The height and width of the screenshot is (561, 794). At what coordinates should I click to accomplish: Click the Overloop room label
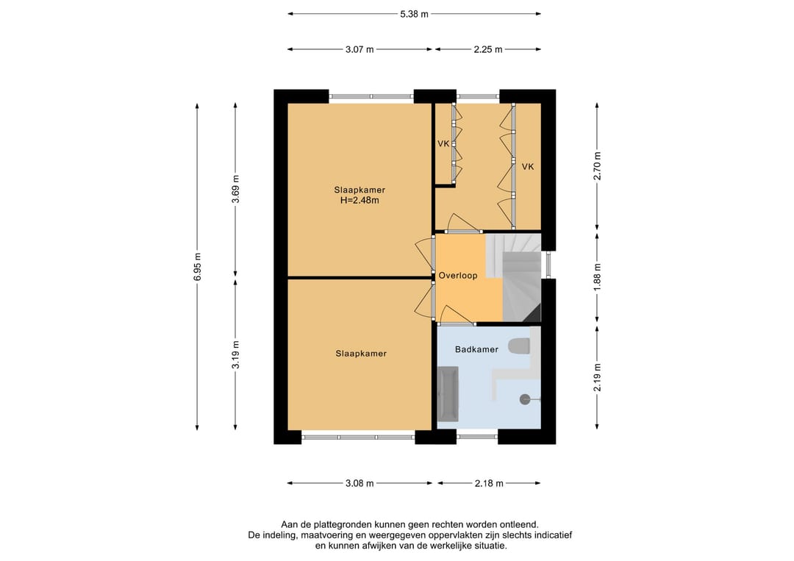(x=458, y=276)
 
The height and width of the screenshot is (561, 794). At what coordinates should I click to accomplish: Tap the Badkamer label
(x=476, y=349)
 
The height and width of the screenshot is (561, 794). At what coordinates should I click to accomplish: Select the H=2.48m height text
(x=360, y=201)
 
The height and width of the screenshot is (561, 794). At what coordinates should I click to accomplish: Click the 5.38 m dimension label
(x=414, y=14)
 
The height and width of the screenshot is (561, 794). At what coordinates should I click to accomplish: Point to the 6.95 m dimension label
(x=198, y=266)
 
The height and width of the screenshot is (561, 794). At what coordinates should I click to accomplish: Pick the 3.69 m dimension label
(x=235, y=189)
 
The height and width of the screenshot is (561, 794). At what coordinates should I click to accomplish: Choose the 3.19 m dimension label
(x=235, y=355)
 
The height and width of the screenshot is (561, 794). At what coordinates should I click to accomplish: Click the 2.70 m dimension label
(x=598, y=166)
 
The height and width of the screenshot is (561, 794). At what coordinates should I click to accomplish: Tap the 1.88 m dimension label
(x=598, y=277)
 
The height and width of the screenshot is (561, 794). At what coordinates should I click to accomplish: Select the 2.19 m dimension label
(x=598, y=377)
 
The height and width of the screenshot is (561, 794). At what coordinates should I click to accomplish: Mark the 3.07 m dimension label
(x=360, y=49)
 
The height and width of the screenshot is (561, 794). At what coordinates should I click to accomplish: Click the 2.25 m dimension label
(x=488, y=49)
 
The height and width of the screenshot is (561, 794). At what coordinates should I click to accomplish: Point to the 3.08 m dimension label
(x=360, y=484)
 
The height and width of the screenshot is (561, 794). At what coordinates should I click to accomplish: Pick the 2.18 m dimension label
(x=489, y=484)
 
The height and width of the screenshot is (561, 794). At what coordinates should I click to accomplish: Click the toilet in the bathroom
(x=520, y=346)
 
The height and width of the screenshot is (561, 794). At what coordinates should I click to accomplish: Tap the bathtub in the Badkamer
(x=448, y=394)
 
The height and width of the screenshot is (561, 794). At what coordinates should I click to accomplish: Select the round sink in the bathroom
(x=525, y=399)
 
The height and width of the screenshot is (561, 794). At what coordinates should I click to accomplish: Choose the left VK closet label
(x=443, y=144)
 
